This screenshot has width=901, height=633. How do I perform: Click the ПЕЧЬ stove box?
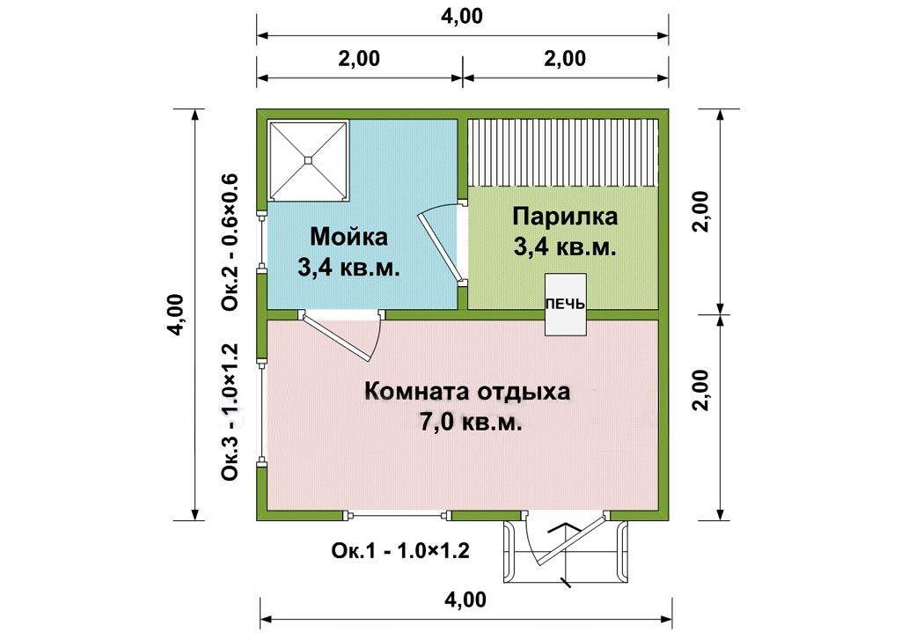pyautogui.click(x=566, y=305)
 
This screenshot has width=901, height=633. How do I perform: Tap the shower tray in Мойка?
pyautogui.click(x=309, y=160)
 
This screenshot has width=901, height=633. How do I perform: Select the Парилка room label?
pyautogui.click(x=566, y=217)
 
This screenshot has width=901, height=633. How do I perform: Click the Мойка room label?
pyautogui.click(x=348, y=236)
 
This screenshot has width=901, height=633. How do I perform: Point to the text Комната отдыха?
pyautogui.click(x=468, y=392)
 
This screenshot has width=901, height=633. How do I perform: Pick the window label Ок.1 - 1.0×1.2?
pyautogui.click(x=400, y=551)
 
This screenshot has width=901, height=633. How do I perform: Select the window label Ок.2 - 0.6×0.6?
pyautogui.click(x=230, y=242)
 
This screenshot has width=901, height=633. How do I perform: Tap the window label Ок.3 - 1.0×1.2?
pyautogui.click(x=230, y=412)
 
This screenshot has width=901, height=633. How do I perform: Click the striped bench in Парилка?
pyautogui.click(x=562, y=153)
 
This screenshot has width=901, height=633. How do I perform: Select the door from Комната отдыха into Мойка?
pyautogui.click(x=344, y=335)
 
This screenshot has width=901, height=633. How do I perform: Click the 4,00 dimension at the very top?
pyautogui.click(x=462, y=16)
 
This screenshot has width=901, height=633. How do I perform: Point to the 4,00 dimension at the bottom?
pyautogui.click(x=465, y=600)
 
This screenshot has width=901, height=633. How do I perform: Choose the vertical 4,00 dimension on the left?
pyautogui.click(x=176, y=314)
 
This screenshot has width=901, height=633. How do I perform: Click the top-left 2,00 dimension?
pyautogui.click(x=359, y=59)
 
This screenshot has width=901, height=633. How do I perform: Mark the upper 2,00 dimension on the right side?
pyautogui.click(x=701, y=211)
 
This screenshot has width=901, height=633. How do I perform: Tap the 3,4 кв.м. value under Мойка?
pyautogui.click(x=348, y=268)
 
